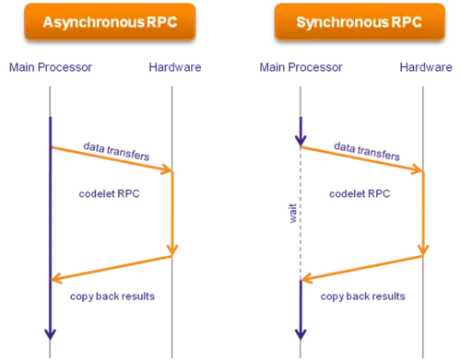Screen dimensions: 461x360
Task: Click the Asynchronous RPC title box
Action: pyautogui.click(x=110, y=21)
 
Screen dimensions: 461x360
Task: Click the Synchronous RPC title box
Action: pyautogui.click(x=360, y=21)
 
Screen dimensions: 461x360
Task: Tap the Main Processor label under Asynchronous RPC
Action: pyautogui.click(x=51, y=67)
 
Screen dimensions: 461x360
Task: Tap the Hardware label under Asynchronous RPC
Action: pyautogui.click(x=175, y=67)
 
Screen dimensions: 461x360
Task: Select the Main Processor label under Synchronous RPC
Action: pyautogui.click(x=301, y=67)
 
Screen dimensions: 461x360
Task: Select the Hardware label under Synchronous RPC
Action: pyautogui.click(x=426, y=67)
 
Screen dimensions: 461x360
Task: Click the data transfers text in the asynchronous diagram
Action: pyautogui.click(x=116, y=151)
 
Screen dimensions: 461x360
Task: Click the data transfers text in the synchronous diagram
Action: pyautogui.click(x=367, y=151)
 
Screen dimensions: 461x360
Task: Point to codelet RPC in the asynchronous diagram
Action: pyautogui.click(x=109, y=193)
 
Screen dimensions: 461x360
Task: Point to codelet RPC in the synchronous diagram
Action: pyautogui.click(x=360, y=193)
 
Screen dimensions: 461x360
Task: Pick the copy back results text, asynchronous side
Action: pyautogui.click(x=112, y=296)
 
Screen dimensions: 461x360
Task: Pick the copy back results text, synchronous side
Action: pyautogui.click(x=362, y=296)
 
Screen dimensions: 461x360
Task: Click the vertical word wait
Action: pyautogui.click(x=293, y=214)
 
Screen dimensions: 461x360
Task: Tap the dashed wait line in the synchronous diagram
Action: pyautogui.click(x=301, y=214)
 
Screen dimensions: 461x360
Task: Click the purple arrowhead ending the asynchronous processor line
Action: pyautogui.click(x=50, y=334)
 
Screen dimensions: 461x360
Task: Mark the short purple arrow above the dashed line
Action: pyautogui.click(x=301, y=132)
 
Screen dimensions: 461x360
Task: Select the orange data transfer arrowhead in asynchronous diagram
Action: pyautogui.click(x=167, y=169)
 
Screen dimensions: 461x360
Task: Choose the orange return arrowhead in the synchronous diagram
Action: pyautogui.click(x=307, y=278)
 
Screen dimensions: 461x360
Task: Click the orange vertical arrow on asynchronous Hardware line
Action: pyautogui.click(x=172, y=214)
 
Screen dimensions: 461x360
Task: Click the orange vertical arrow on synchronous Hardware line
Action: pyautogui.click(x=423, y=214)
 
